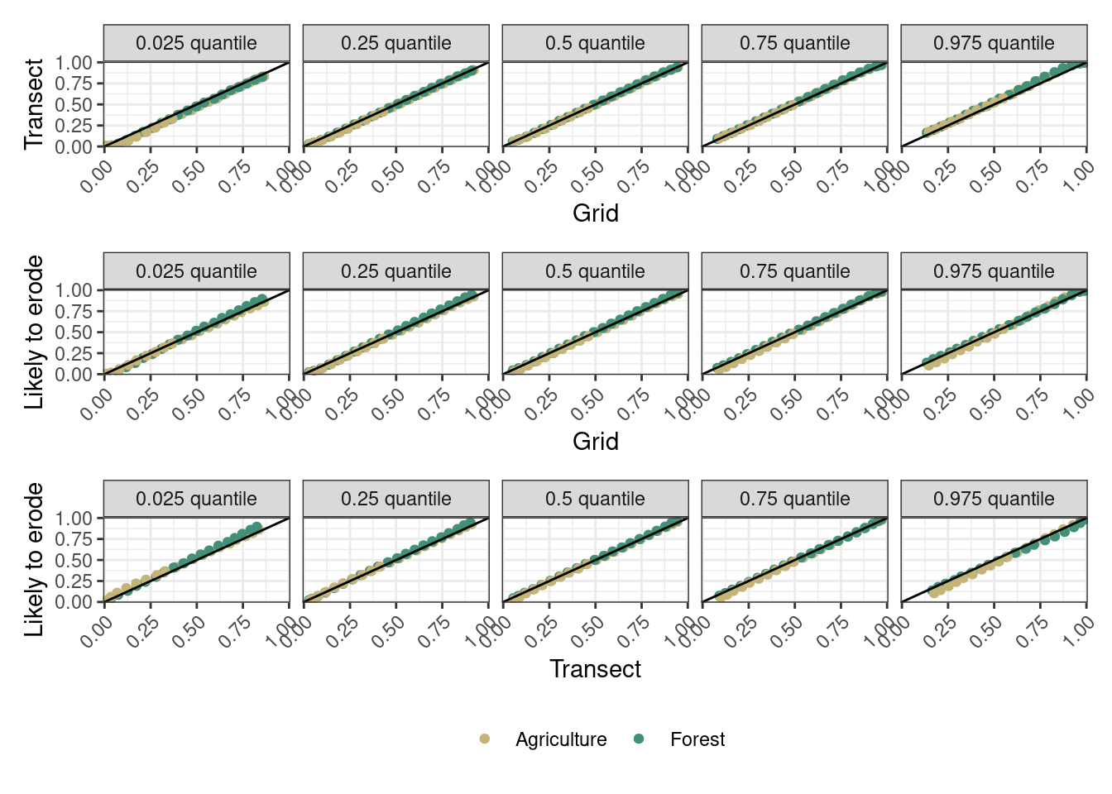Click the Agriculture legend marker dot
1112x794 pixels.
click(x=485, y=739)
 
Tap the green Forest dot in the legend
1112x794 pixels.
click(x=638, y=739)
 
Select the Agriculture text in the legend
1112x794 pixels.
click(x=561, y=739)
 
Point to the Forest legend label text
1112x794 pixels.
click(x=697, y=739)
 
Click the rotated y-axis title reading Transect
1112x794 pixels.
click(x=34, y=104)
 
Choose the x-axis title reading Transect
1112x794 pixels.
click(x=595, y=669)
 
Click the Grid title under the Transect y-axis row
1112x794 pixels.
click(x=595, y=213)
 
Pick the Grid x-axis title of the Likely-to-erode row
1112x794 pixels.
click(x=595, y=441)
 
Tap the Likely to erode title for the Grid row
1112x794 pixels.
click(x=34, y=332)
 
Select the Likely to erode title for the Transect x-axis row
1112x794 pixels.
click(x=34, y=560)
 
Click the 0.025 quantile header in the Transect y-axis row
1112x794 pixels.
click(x=196, y=43)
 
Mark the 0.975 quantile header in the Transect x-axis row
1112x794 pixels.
click(x=994, y=499)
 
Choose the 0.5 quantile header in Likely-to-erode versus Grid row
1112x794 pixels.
click(x=595, y=271)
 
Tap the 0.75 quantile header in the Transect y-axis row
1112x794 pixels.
click(x=794, y=43)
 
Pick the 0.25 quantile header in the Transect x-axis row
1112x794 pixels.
click(x=395, y=499)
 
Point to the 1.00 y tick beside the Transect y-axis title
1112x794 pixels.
click(x=74, y=63)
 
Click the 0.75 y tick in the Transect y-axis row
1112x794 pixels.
click(x=74, y=84)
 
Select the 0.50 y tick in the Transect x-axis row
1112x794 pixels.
click(x=74, y=560)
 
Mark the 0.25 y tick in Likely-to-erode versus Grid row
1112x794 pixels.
click(x=74, y=353)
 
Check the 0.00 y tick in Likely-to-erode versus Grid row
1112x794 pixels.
click(x=74, y=375)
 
